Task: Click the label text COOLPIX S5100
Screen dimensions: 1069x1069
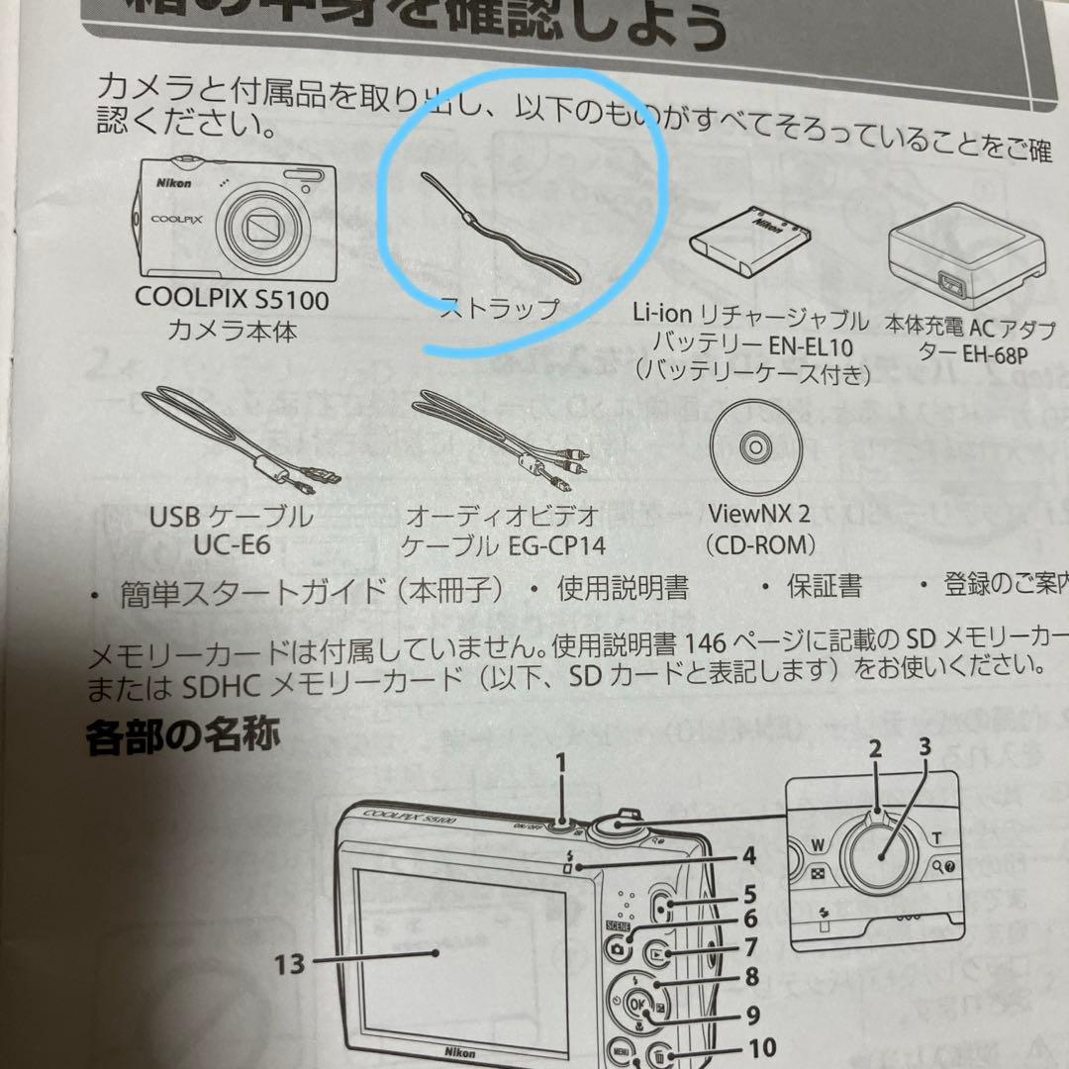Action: [233, 298]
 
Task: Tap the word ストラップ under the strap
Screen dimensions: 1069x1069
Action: [499, 309]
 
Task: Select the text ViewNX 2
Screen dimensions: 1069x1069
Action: [760, 515]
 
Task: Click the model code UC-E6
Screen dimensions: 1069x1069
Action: [232, 544]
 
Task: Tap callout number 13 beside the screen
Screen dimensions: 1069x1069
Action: [289, 961]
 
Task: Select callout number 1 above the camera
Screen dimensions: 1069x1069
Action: [561, 762]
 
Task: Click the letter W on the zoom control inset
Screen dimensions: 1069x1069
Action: [817, 844]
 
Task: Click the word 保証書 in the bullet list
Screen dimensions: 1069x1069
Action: [824, 588]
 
